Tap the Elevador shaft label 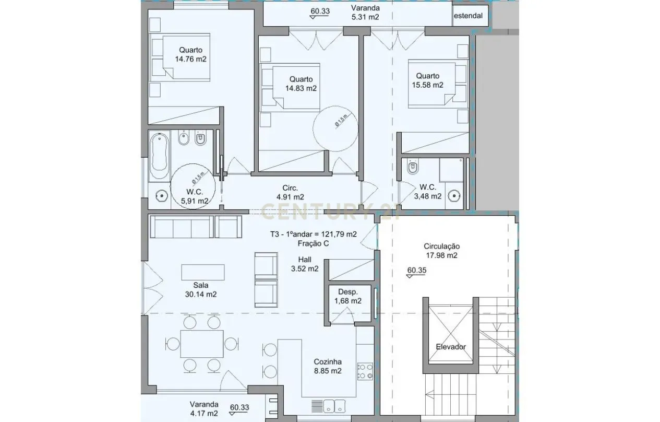(451, 347)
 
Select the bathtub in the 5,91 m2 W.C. (159, 156)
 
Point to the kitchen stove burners (365, 371)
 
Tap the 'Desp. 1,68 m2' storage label (347, 297)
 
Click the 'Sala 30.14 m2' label (201, 290)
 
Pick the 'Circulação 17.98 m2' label (441, 251)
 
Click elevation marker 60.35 (416, 271)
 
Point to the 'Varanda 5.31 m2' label (365, 13)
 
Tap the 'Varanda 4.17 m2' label (204, 409)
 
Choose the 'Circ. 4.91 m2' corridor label (290, 193)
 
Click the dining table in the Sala (202, 343)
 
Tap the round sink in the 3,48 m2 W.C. (454, 196)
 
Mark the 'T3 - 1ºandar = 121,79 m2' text (313, 235)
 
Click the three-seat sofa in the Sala (181, 227)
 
